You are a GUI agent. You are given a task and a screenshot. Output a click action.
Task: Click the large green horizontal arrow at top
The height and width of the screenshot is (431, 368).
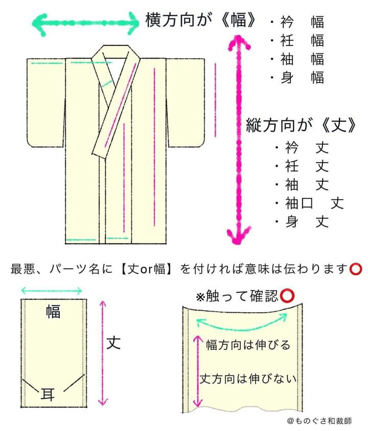pos(86,23)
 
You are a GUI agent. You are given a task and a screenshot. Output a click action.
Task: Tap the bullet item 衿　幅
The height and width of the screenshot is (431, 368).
pos(297,22)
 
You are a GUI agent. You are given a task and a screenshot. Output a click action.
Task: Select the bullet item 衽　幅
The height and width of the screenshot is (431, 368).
pos(297,41)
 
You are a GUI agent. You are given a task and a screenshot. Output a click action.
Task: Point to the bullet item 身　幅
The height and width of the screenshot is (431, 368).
pos(297,78)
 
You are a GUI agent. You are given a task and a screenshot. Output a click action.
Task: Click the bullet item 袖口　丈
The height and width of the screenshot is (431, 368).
pos(310,204)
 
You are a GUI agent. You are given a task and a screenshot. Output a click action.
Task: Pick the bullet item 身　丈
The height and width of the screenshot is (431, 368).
pos(302,221)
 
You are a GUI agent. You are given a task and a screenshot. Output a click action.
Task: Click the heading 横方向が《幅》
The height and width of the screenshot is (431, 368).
pos(200,20)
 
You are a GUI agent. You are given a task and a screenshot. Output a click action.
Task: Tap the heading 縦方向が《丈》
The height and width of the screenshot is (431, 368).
pos(301,125)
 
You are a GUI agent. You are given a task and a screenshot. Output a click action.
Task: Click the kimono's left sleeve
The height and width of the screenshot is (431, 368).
pos(46,102)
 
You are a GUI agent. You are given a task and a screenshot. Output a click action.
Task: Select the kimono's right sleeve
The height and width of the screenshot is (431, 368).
pos(186,102)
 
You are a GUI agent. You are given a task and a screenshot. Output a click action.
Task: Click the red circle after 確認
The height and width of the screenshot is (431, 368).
pos(287,296)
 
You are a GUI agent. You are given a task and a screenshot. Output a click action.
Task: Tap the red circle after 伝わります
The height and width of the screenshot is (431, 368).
pos(355,269)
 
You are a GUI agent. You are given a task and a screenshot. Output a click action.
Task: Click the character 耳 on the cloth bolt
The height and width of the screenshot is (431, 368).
pos(48,394)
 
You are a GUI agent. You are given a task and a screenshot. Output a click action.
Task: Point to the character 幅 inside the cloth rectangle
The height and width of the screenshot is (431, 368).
pos(53,312)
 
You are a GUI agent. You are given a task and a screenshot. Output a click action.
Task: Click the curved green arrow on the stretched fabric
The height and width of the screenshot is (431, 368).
pos(242,326)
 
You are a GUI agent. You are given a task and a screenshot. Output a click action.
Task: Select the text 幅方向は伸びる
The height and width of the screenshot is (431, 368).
pos(248,345)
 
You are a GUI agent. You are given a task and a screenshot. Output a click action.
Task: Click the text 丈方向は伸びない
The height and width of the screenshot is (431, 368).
pos(248,379)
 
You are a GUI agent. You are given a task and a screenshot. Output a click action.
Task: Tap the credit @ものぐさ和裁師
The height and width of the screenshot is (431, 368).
pos(319,421)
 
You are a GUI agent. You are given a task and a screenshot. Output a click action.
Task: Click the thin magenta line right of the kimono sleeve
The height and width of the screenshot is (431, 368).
pos(215,100)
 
